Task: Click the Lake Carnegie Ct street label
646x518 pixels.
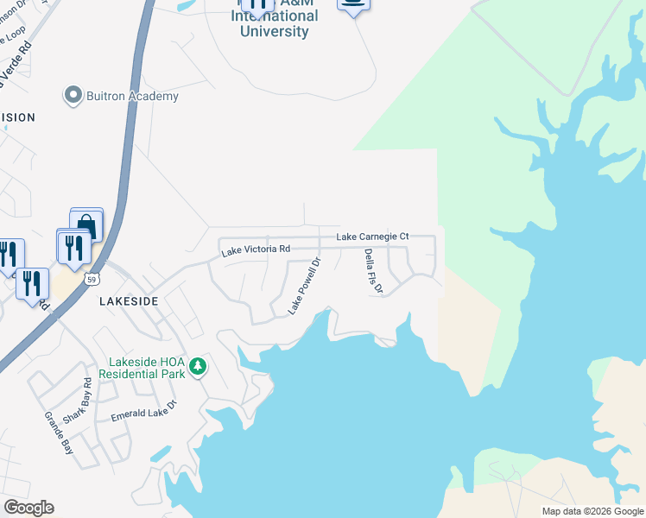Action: pos(372,237)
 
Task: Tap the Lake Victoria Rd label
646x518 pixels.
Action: pos(255,250)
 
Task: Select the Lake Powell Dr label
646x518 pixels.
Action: pos(304,286)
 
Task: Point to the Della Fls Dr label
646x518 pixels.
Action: pos(373,271)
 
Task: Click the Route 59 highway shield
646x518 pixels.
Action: pos(92,279)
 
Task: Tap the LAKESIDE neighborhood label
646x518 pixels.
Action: pos(129,301)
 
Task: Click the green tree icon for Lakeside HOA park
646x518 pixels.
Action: pos(199,367)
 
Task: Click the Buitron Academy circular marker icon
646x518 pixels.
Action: pos(73,96)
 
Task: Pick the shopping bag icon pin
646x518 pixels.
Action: pos(86,224)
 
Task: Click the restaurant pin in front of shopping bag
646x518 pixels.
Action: pos(73,246)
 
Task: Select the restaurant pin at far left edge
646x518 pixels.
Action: pos(7,254)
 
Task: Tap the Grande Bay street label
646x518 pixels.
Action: pos(60,433)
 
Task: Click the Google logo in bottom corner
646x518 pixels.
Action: pos(28,508)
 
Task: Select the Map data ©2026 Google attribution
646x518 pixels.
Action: pos(592,511)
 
